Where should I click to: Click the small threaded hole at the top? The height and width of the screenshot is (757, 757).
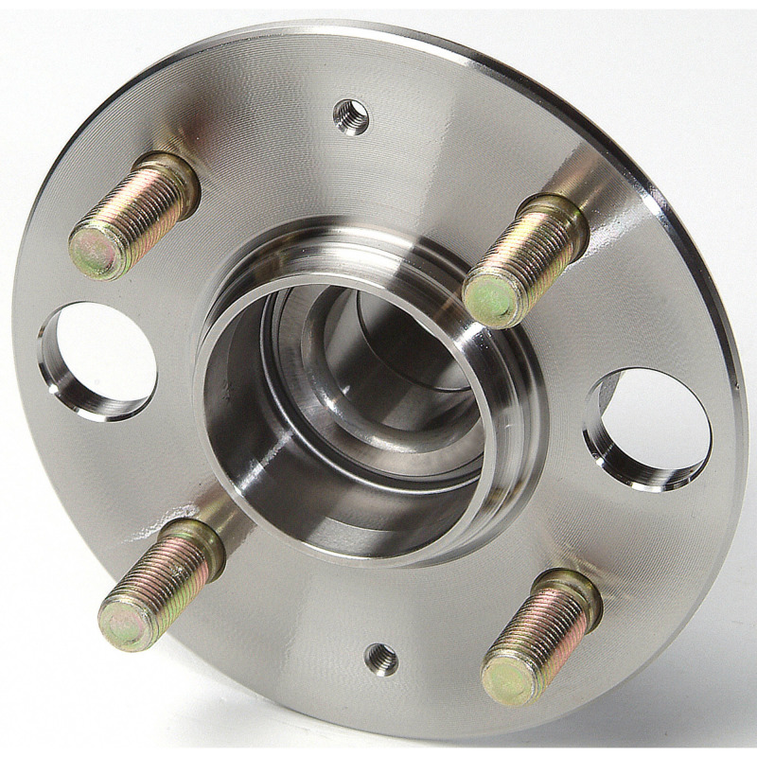coord(351,117)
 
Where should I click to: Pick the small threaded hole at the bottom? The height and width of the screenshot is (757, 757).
coord(381,659)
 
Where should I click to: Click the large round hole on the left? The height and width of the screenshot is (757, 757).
coord(102,360)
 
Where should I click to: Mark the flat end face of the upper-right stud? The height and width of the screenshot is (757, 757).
coord(491,298)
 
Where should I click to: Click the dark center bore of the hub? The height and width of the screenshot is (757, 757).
coord(378,378)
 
